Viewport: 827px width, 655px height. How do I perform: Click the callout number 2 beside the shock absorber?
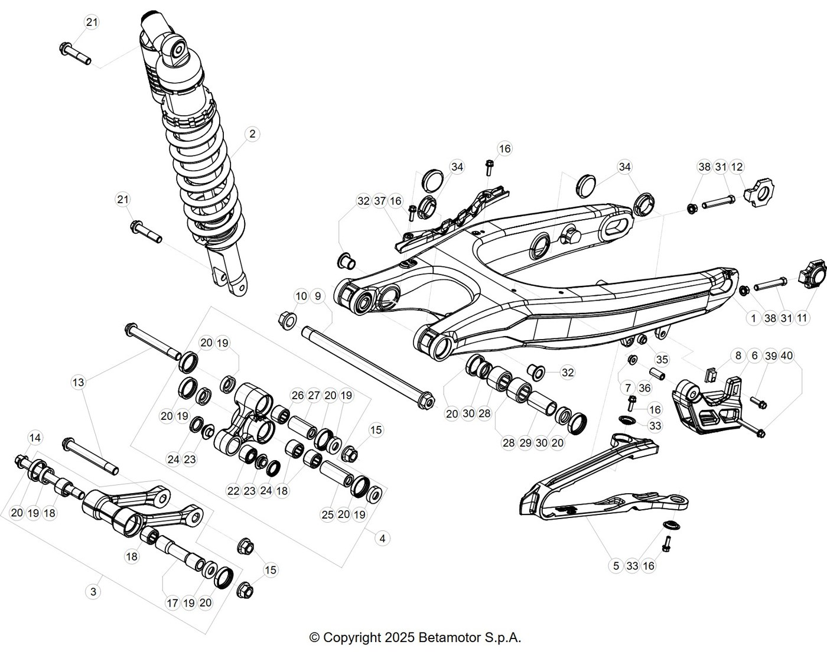pos(252,133)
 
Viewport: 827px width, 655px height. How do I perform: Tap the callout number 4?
pos(382,539)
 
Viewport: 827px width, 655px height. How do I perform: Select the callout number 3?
pos(93,592)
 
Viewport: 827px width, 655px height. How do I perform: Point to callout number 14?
pos(35,438)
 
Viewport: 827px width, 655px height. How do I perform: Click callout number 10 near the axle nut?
pos(301,296)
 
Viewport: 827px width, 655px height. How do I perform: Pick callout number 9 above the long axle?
pos(318,296)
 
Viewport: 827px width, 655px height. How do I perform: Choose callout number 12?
pos(737,167)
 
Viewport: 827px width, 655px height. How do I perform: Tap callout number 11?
pos(802,318)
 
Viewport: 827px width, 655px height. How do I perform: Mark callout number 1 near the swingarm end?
pos(753,318)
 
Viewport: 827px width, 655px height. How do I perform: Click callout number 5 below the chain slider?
pos(616,566)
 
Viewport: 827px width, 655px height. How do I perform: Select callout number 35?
pos(662,360)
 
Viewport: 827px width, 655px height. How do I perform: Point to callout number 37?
pos(380,201)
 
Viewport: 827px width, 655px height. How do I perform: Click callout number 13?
pos(78,383)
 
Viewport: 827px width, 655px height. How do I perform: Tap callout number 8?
pos(738,356)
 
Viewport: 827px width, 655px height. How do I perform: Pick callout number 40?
pos(787,356)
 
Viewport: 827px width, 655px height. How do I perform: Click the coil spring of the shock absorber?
pos(204,181)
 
